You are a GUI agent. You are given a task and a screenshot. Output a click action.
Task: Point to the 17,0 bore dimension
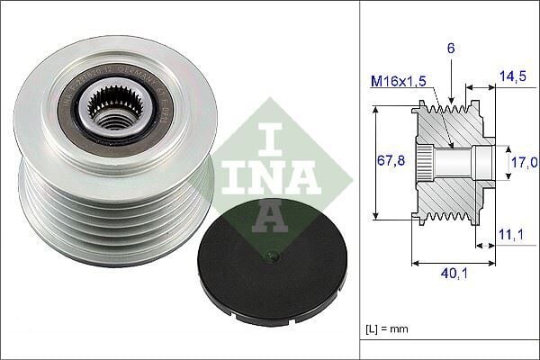pos(522,163)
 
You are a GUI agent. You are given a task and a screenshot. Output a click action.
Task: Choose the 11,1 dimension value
pos(510,235)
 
